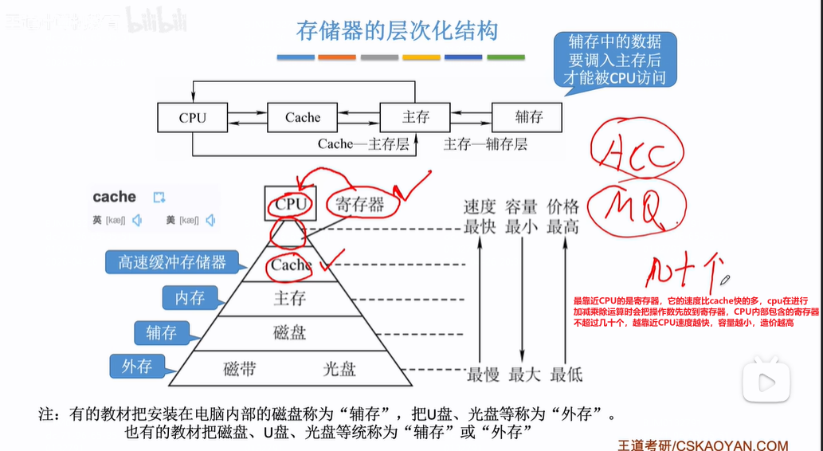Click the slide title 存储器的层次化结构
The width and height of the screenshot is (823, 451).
(x=397, y=31)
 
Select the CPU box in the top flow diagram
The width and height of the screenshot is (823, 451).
(x=192, y=118)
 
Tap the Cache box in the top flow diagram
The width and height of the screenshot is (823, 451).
(x=303, y=118)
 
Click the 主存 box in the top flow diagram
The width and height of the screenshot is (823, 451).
(x=415, y=118)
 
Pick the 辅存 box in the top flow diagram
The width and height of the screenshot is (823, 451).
(x=527, y=118)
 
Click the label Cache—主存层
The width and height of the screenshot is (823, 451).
(x=363, y=144)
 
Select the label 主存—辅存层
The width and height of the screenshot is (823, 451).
(x=485, y=144)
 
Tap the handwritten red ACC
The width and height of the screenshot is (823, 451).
(x=637, y=153)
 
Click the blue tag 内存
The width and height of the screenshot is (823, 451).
(x=190, y=298)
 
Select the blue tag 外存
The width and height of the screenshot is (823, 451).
(x=137, y=367)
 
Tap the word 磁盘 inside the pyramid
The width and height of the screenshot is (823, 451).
(x=289, y=332)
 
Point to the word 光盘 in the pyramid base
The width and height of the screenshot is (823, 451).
(x=339, y=369)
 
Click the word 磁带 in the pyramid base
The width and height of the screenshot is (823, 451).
(x=240, y=369)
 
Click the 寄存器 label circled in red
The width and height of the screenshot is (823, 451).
(x=359, y=204)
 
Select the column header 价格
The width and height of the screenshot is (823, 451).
(x=563, y=206)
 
